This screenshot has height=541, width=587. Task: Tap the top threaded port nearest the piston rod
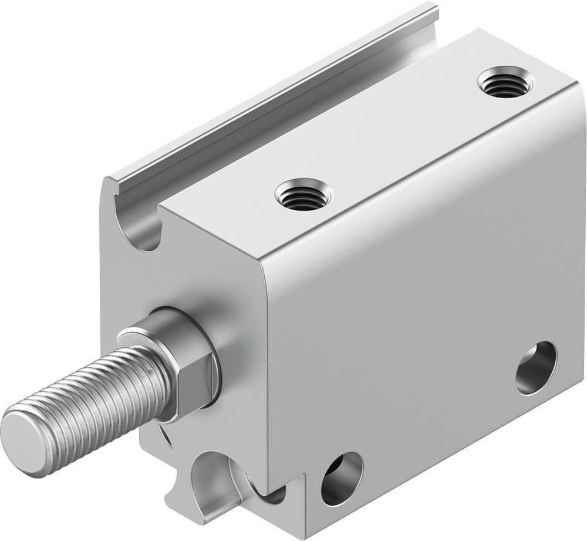[304, 195]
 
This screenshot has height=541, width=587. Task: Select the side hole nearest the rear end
[536, 368]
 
